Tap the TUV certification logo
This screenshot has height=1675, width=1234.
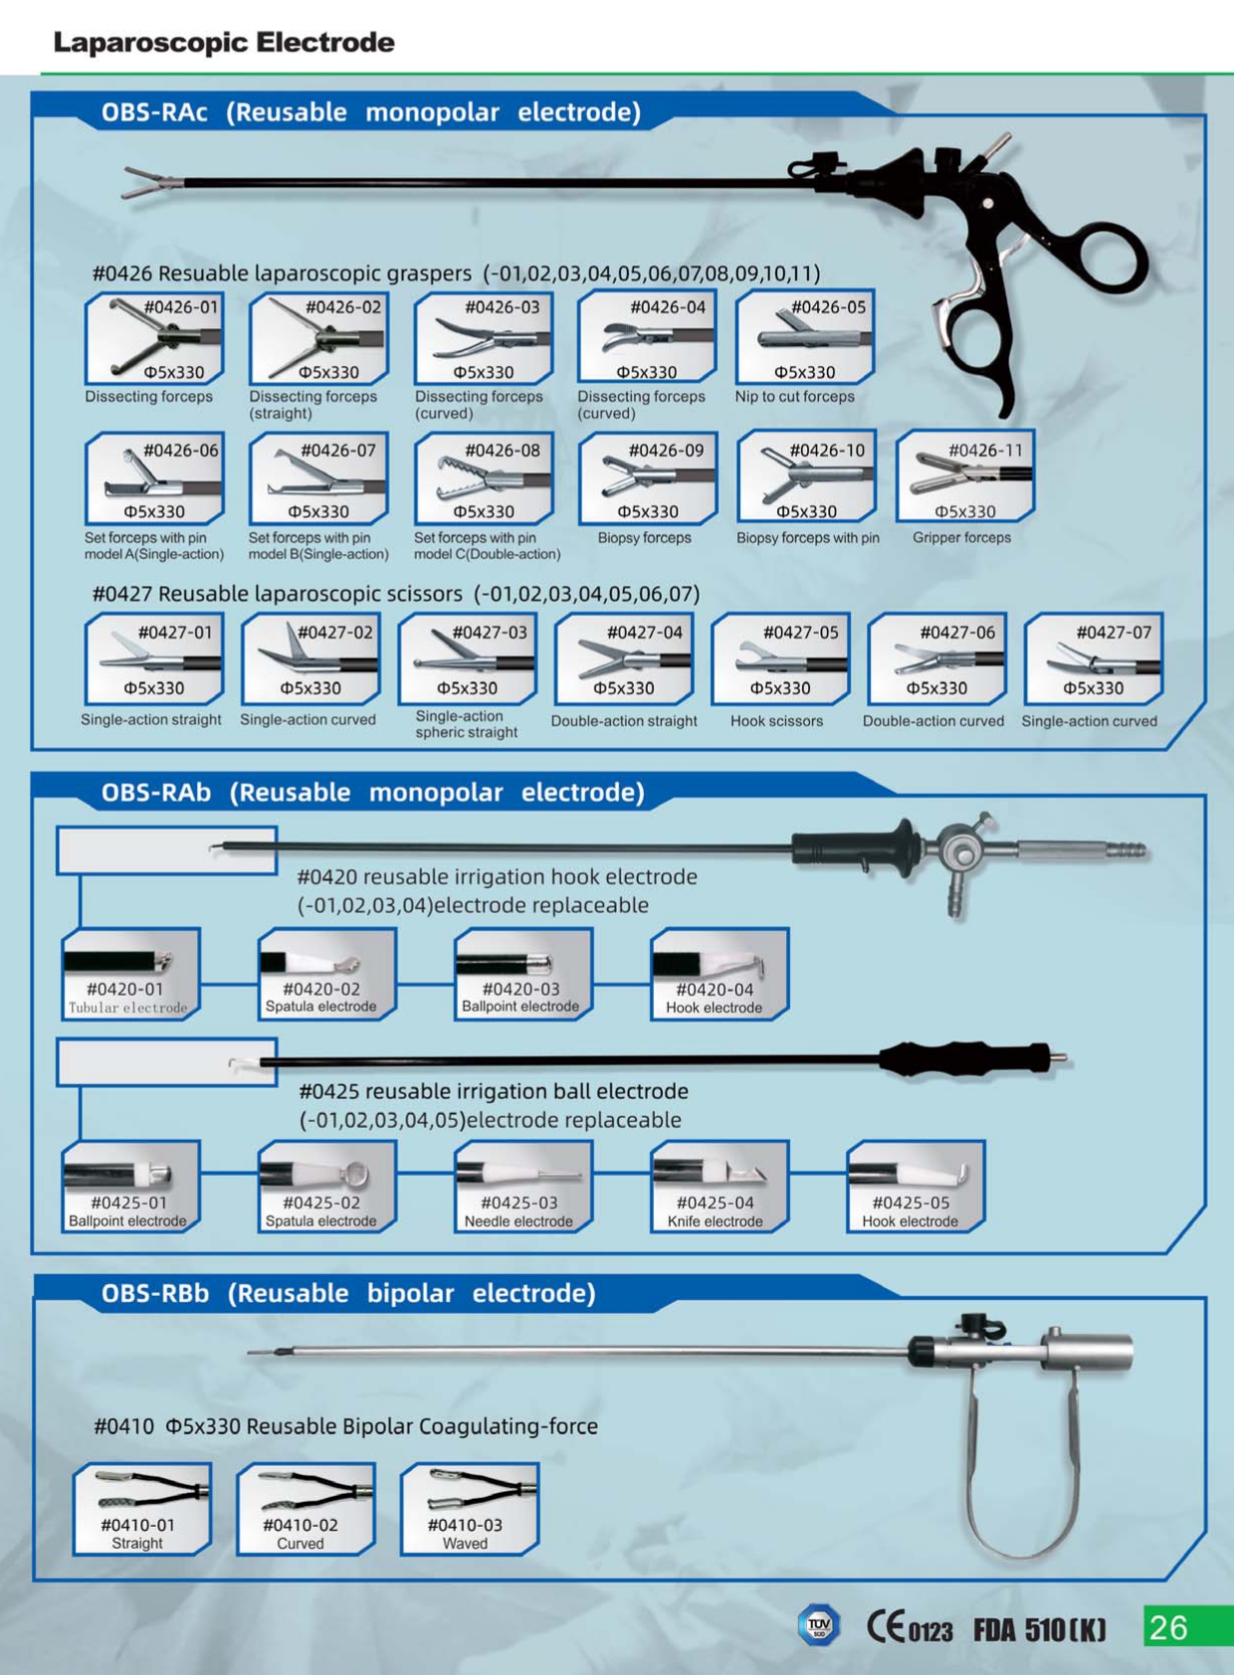[x=819, y=1624]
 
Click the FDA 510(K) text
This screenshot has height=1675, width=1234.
[x=1039, y=1629]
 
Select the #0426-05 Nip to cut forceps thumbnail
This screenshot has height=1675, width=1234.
[x=804, y=337]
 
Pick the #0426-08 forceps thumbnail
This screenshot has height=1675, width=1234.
[x=485, y=477]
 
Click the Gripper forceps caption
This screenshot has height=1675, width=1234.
[x=961, y=537]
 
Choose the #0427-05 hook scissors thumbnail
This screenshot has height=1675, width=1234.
[x=780, y=658]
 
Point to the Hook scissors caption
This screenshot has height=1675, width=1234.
[x=777, y=721]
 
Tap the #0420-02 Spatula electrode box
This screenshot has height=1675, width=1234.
[x=327, y=974]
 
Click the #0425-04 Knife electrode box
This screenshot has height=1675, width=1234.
[x=720, y=1187]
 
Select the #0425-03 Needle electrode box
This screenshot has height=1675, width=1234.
[x=523, y=1187]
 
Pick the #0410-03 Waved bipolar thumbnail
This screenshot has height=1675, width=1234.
[x=470, y=1509]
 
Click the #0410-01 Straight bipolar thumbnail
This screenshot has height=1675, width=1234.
[x=142, y=1509]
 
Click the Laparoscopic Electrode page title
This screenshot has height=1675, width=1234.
[x=224, y=43]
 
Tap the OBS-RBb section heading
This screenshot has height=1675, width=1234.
[x=348, y=1293]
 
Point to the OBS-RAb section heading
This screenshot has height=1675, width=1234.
[x=372, y=792]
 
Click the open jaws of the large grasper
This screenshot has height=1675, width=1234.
[x=152, y=182]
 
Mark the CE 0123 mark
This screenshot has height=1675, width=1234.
[x=910, y=1627]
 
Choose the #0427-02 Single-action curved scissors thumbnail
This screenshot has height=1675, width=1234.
[x=310, y=658]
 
